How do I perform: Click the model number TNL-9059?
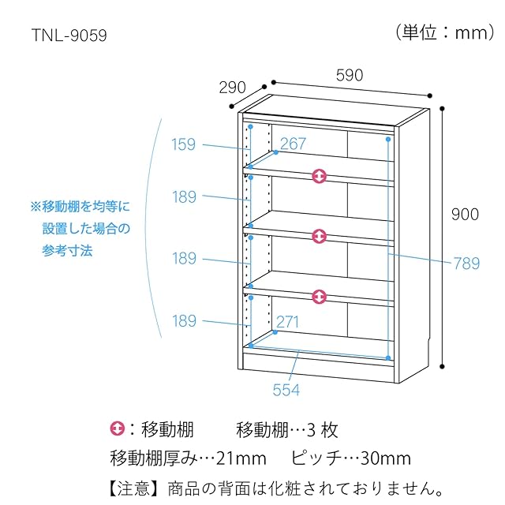69,36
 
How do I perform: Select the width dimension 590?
349,76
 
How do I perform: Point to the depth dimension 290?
232,88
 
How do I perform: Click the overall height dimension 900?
465,214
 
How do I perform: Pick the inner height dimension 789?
466,264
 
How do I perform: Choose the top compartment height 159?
184,144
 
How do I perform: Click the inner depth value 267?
293,144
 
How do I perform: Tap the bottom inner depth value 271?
289,321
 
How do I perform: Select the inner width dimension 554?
286,389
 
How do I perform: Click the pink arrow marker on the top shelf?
319,176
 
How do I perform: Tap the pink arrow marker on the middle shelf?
319,236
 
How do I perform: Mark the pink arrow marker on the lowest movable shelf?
319,297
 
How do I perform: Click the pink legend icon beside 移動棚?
118,429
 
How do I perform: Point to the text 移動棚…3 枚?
287,430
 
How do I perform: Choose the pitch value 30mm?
386,458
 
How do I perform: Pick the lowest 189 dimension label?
184,321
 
